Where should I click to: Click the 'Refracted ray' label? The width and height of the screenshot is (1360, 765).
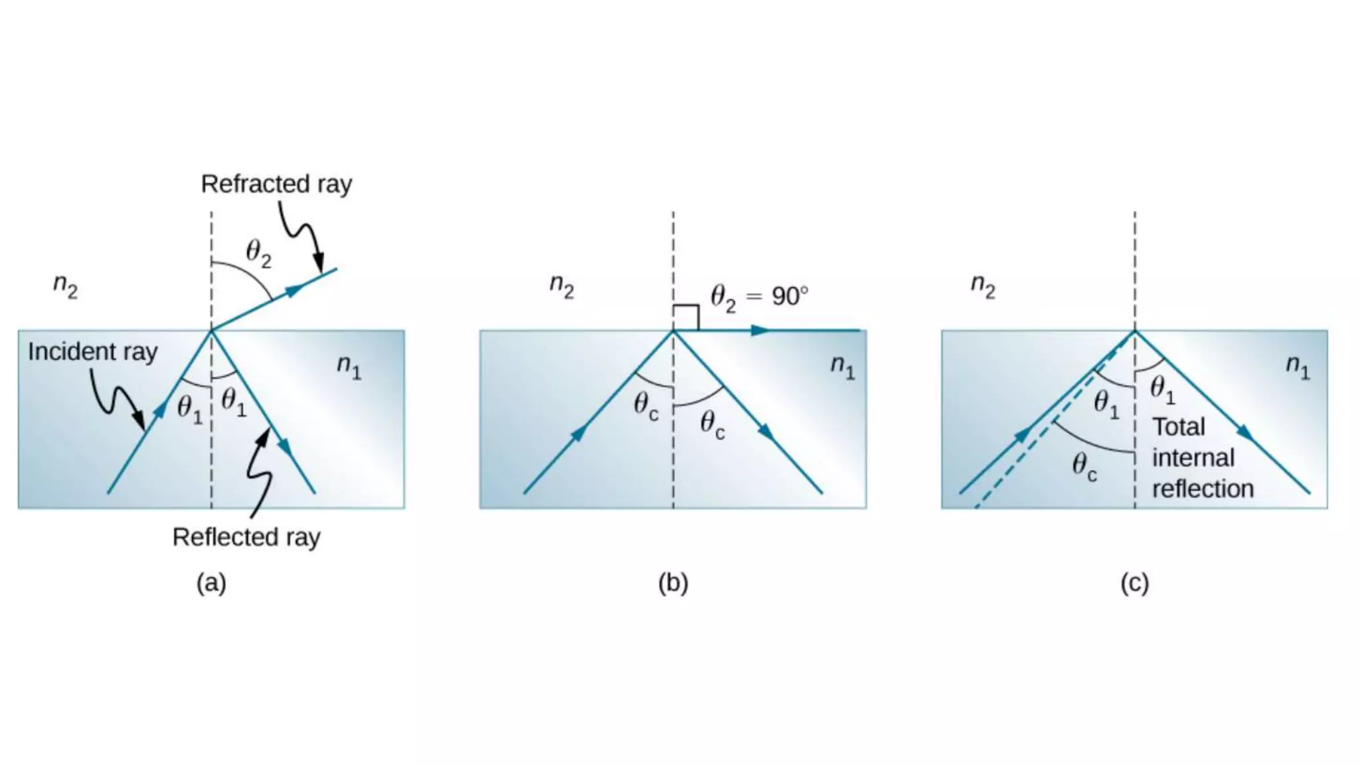pyautogui.click(x=276, y=184)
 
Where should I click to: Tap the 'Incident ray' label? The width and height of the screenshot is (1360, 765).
pyautogui.click(x=92, y=351)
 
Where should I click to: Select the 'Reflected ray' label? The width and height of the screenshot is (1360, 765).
pyautogui.click(x=246, y=537)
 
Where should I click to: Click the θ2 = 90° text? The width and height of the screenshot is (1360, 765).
pyautogui.click(x=759, y=296)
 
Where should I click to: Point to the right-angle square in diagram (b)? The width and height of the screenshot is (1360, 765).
pyautogui.click(x=686, y=317)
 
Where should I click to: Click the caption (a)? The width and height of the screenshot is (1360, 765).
pyautogui.click(x=211, y=582)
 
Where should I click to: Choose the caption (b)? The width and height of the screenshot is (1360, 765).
pyautogui.click(x=673, y=582)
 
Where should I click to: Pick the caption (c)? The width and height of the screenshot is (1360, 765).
pyautogui.click(x=1134, y=582)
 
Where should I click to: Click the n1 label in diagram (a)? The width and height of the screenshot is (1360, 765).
pyautogui.click(x=349, y=366)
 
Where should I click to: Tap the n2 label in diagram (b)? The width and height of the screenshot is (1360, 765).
pyautogui.click(x=562, y=286)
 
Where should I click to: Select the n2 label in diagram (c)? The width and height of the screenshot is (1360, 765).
pyautogui.click(x=983, y=286)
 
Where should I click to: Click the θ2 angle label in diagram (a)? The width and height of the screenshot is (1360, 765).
pyautogui.click(x=258, y=253)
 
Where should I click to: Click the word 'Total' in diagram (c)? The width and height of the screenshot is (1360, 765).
pyautogui.click(x=1178, y=426)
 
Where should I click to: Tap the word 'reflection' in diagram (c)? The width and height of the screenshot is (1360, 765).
pyautogui.click(x=1203, y=489)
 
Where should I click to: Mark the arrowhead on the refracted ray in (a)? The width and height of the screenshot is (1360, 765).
pyautogui.click(x=295, y=290)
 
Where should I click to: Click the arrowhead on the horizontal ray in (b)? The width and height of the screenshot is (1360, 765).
pyautogui.click(x=760, y=330)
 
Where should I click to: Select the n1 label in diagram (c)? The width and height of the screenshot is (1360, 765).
pyautogui.click(x=1298, y=366)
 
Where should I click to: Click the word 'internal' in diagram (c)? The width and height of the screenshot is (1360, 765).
pyautogui.click(x=1193, y=458)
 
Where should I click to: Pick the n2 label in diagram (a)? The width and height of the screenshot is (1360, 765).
pyautogui.click(x=65, y=286)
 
